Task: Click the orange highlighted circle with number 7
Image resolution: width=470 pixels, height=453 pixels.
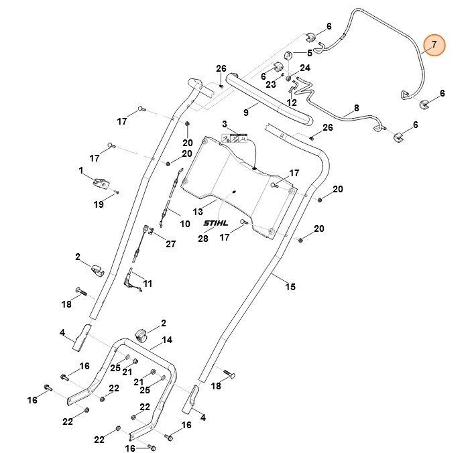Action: [434, 45]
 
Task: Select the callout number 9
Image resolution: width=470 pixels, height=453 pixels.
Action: [246, 113]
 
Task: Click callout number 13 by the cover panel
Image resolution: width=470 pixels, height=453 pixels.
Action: [197, 212]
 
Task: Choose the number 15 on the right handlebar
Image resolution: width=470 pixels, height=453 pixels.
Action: [290, 287]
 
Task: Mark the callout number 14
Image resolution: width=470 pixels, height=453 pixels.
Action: [166, 340]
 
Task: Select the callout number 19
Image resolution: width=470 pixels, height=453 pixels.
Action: [99, 204]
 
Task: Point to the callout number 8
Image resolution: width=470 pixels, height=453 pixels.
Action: [356, 107]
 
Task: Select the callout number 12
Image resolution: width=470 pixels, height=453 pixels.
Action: [291, 103]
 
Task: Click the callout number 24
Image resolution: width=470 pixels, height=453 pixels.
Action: [305, 68]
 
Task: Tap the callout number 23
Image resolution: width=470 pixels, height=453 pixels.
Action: [270, 85]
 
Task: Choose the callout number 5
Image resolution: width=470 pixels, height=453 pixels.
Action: [309, 53]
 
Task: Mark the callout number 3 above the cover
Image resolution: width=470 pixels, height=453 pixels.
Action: [225, 124]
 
